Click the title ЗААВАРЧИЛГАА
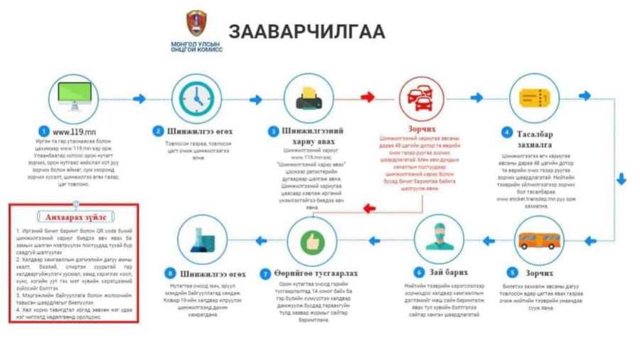click(x=306, y=31)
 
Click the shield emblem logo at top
click(x=196, y=23)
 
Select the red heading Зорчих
click(x=422, y=130)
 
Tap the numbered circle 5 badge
click(x=512, y=272)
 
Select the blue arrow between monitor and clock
click(x=138, y=98)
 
